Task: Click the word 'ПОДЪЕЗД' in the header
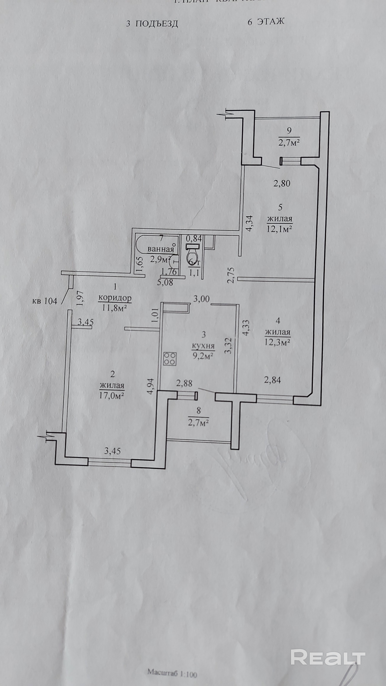point(156,24)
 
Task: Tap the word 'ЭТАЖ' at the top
point(271,21)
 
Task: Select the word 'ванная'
point(160,250)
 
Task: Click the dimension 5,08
point(165,282)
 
